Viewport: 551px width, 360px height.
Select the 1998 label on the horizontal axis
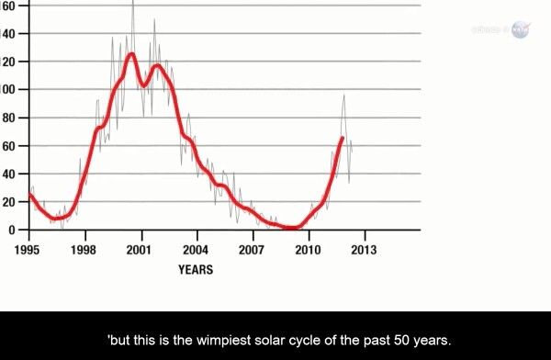coord(84,249)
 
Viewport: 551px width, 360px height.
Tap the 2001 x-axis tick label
coord(140,249)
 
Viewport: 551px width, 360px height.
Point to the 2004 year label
coord(196,249)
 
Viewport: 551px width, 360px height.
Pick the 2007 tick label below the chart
coord(252,249)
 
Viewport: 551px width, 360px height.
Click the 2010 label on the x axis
coord(308,249)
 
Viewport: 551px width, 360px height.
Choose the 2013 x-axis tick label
coord(364,249)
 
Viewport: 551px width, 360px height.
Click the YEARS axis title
coord(196,270)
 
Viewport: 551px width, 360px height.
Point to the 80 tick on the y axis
coord(9,118)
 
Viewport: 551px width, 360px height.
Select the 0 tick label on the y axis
coord(12,230)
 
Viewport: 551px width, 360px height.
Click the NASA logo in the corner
coord(520,29)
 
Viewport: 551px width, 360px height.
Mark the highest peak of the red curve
coord(131,53)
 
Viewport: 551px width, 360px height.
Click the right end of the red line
coord(343,138)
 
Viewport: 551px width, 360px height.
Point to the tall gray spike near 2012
coord(344,95)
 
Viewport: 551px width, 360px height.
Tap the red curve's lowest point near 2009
coord(290,228)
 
